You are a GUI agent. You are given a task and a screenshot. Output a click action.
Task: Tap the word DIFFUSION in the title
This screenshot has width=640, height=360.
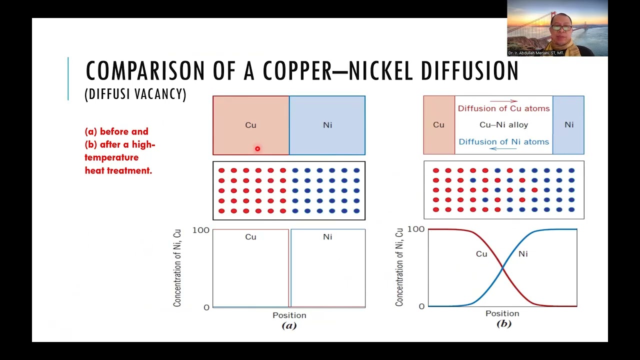tap(469, 70)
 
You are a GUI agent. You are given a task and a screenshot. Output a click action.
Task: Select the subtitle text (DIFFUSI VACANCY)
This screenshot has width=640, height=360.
tap(135, 94)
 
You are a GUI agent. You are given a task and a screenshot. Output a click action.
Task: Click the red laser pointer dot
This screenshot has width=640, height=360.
tap(257, 148)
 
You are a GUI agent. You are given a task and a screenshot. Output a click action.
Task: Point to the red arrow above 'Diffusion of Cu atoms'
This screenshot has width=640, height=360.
tap(503, 101)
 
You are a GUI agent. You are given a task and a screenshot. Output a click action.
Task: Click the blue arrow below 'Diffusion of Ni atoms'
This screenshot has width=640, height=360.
tap(503, 148)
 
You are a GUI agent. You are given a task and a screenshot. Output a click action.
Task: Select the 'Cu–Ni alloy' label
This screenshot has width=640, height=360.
tap(503, 125)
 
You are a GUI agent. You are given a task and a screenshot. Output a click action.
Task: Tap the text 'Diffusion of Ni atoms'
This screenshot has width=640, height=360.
tap(503, 141)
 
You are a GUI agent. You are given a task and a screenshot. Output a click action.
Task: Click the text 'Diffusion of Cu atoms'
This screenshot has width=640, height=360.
tap(503, 108)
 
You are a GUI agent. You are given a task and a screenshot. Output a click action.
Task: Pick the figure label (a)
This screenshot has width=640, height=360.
tap(289, 325)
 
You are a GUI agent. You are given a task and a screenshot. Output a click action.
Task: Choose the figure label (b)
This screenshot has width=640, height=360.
tap(503, 323)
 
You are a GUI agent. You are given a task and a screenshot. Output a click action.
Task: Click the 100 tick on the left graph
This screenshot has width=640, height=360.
tap(201, 230)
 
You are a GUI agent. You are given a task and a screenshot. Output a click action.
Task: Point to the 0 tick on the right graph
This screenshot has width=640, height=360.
tap(421, 306)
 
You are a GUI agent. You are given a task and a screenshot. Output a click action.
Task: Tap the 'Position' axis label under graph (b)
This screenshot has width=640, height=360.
tap(502, 313)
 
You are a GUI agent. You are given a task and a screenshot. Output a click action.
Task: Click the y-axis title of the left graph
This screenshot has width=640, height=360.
tap(177, 268)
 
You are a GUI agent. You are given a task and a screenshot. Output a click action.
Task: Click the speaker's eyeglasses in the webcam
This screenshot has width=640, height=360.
tap(561, 27)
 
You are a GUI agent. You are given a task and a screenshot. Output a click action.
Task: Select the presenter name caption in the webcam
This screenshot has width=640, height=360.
tap(535, 53)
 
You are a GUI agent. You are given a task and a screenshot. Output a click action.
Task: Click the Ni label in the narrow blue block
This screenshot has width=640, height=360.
tap(569, 125)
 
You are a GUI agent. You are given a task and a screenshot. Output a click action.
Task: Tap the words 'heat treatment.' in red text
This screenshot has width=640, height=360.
tap(118, 170)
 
